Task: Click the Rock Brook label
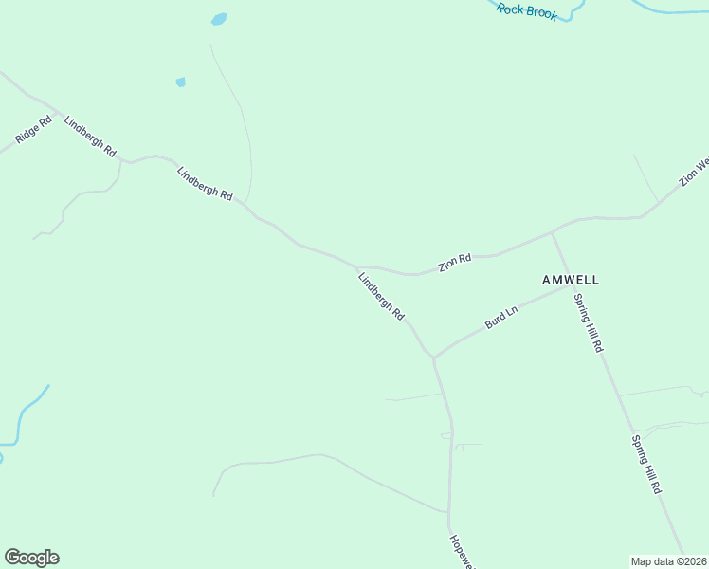tap(527, 11)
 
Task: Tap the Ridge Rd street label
tap(33, 130)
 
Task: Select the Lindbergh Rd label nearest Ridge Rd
tap(90, 136)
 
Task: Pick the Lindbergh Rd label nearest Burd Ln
tap(382, 296)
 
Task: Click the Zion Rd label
tap(455, 263)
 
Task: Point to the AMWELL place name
tap(571, 280)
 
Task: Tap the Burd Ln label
tap(501, 317)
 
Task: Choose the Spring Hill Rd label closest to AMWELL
tap(589, 322)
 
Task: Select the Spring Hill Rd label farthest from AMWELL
tap(646, 465)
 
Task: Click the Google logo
tap(31, 558)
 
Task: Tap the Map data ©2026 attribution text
tap(668, 561)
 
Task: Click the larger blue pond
tap(219, 19)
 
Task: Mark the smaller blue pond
tap(180, 83)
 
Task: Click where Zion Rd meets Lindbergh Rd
tap(356, 266)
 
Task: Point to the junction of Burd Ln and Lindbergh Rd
tap(433, 358)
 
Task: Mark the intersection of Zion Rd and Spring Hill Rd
tap(553, 230)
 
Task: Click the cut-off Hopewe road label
tap(460, 550)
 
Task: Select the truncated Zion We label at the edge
tap(693, 172)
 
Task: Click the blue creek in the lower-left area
tap(24, 413)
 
